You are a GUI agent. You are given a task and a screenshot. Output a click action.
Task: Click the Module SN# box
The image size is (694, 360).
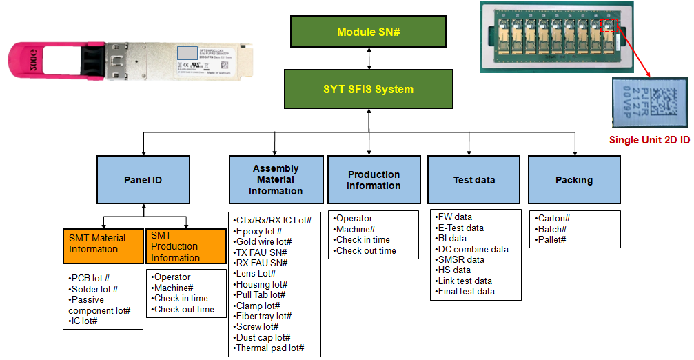click(369, 32)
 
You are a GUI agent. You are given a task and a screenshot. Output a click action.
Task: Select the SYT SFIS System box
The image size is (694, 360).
click(369, 89)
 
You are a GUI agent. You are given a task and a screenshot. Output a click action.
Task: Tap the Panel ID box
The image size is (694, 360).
click(143, 180)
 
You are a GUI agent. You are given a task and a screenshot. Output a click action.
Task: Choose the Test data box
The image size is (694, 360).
click(474, 180)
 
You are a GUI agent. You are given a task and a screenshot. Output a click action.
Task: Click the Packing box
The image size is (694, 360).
click(574, 180)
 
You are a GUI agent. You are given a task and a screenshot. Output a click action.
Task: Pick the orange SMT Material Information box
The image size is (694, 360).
click(102, 244)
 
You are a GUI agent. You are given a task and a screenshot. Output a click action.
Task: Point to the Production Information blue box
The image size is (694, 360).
click(374, 180)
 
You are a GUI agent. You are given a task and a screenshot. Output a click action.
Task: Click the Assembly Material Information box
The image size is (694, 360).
click(276, 180)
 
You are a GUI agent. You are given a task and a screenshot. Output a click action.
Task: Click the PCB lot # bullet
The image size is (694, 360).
click(90, 278)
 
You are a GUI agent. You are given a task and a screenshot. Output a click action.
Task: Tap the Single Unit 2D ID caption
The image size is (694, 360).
click(649, 140)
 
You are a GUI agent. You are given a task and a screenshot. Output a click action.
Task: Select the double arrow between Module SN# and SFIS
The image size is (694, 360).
click(370, 59)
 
